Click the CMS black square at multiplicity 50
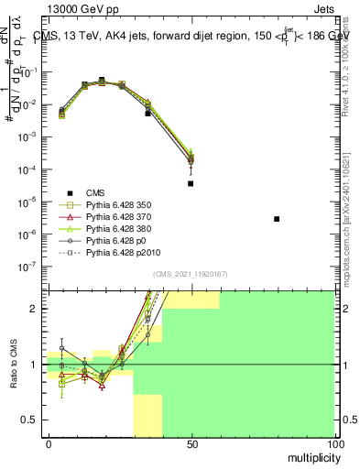click(x=191, y=183)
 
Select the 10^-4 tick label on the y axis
click(x=29, y=169)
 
